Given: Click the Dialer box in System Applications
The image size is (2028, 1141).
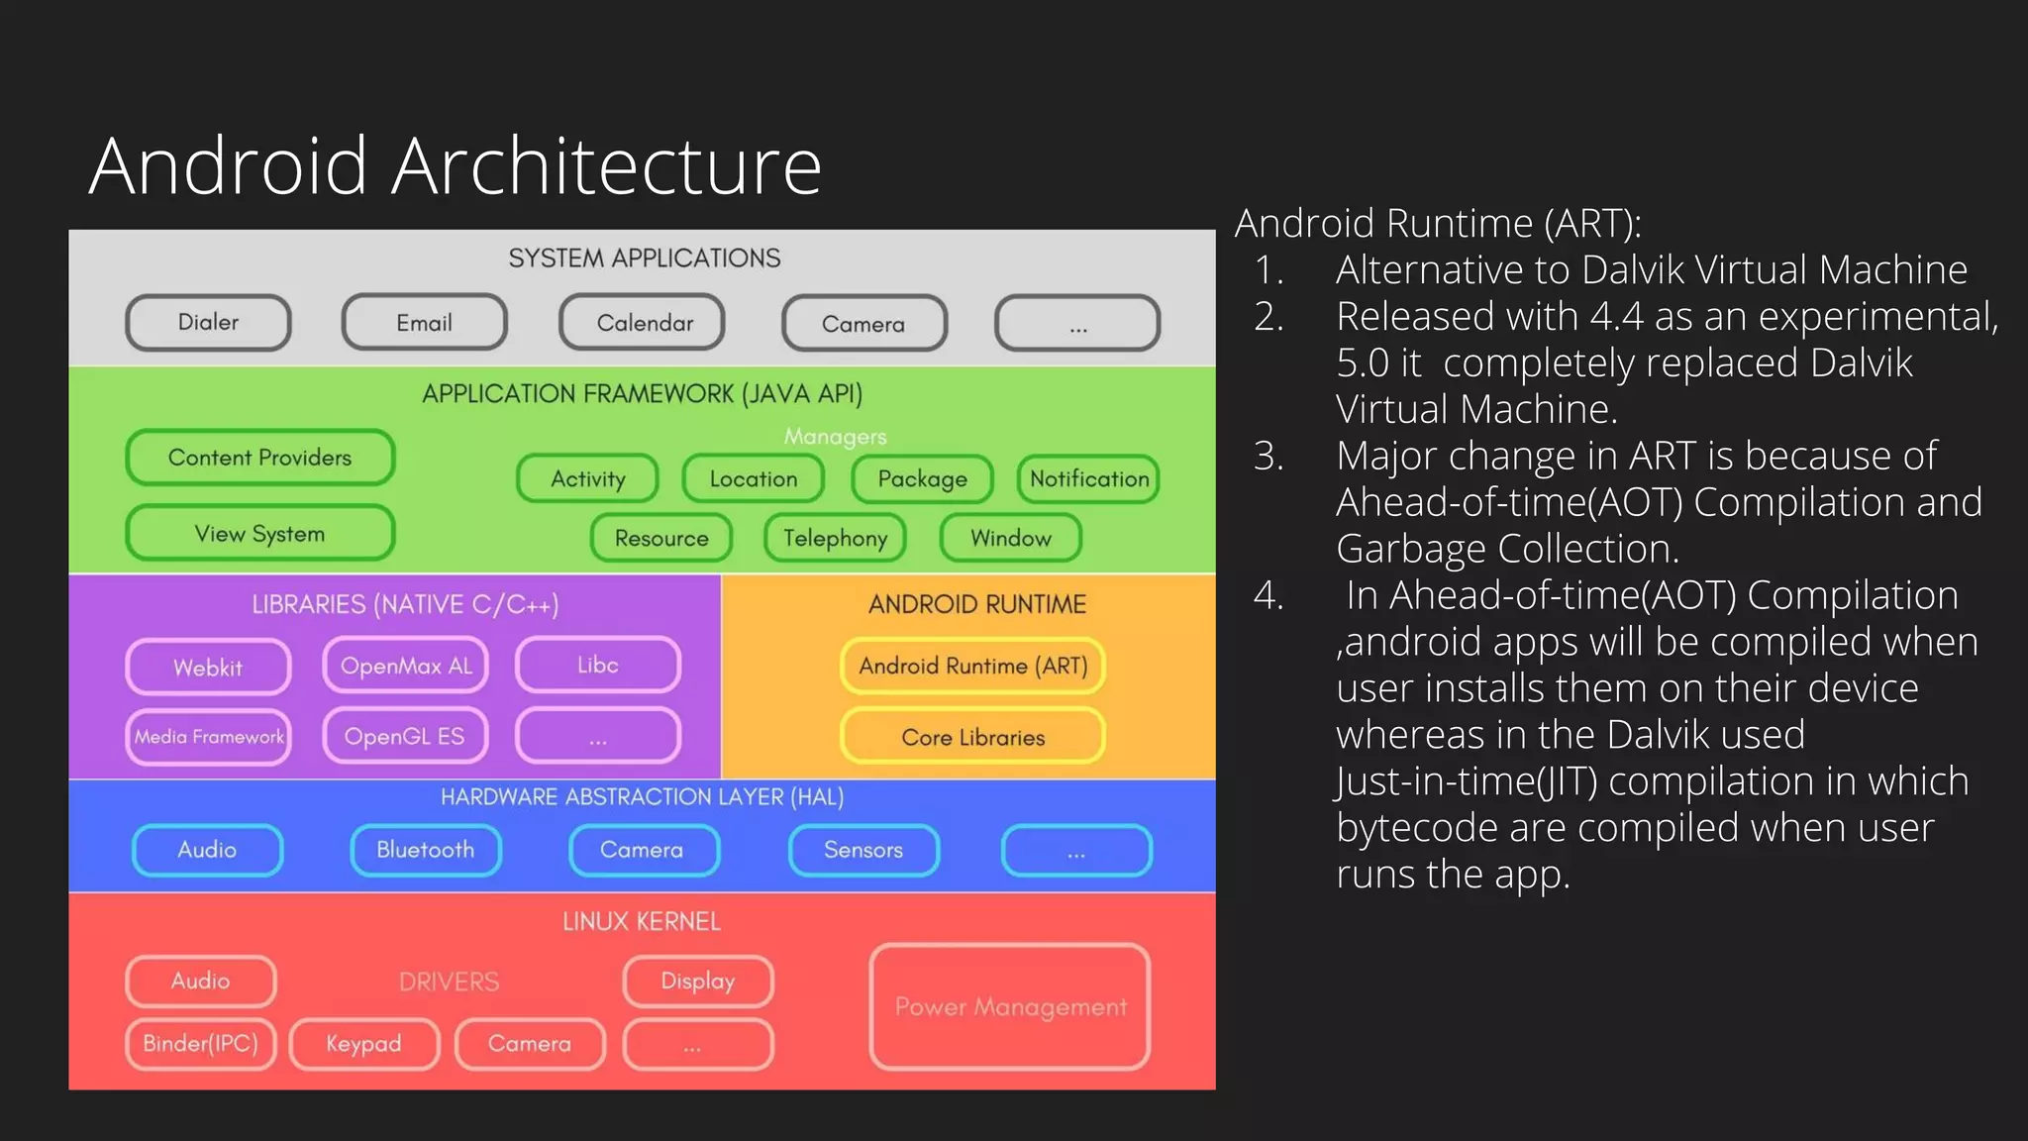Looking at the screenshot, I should (208, 323).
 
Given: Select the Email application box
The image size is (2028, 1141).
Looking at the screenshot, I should (424, 323).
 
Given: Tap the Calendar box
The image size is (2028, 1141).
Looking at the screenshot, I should (643, 323).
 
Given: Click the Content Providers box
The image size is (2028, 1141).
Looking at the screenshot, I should (259, 458).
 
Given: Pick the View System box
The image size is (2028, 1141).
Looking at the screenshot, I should (259, 534).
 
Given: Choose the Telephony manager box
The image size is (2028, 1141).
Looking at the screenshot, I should (835, 538).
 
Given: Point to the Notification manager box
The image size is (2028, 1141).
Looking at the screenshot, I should (1088, 479).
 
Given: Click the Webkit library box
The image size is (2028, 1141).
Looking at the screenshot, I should (208, 668).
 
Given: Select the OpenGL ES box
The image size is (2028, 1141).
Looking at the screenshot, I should (404, 737).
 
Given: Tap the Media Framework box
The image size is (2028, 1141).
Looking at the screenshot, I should (208, 737).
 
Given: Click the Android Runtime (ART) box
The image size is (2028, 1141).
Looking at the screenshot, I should (972, 666).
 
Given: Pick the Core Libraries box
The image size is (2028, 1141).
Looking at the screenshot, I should (972, 738).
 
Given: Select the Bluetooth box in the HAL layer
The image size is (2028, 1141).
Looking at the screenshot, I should (426, 850).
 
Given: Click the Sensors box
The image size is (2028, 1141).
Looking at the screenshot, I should (863, 850).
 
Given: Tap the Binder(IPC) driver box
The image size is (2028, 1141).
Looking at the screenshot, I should (200, 1044).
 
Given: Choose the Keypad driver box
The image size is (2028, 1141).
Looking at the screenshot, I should (363, 1044).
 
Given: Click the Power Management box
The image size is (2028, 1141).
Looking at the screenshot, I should (1010, 1007).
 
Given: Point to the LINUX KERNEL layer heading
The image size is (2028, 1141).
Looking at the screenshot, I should (642, 922).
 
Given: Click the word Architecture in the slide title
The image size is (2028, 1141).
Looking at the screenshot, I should (606, 166).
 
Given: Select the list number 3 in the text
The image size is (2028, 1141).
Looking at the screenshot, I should (1268, 457).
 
